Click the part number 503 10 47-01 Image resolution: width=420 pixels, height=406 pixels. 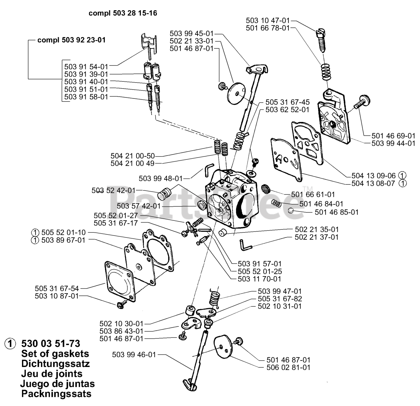(x=268, y=20)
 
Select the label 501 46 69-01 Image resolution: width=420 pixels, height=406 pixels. (x=393, y=136)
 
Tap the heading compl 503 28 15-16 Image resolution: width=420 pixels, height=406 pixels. (x=123, y=13)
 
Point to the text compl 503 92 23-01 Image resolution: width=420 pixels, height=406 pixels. (x=72, y=40)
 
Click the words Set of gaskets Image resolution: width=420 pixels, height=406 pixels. (x=55, y=354)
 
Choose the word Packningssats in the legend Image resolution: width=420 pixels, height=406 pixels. (x=56, y=394)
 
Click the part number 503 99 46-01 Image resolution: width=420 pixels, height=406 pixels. (x=134, y=355)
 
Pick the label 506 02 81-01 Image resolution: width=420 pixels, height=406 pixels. (x=288, y=367)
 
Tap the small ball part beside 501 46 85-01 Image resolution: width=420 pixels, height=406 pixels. (x=291, y=210)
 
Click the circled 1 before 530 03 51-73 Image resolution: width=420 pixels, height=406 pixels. (x=10, y=344)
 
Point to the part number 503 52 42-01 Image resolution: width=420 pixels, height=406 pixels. (x=114, y=191)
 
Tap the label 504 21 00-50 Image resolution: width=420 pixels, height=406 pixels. (x=133, y=156)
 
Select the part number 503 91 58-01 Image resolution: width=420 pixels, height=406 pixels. (x=86, y=97)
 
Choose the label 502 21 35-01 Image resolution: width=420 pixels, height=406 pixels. (x=317, y=229)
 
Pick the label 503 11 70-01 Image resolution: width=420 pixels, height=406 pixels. (x=260, y=279)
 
